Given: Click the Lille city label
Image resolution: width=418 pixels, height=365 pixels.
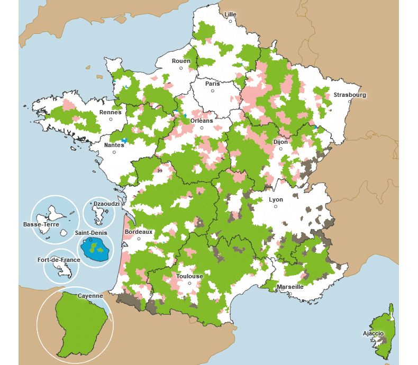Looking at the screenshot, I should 230,14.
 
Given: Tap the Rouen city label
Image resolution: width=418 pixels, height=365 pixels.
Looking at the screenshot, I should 181,61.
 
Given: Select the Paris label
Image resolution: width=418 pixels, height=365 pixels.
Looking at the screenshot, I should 212,84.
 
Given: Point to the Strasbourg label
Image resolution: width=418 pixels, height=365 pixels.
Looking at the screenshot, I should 349,95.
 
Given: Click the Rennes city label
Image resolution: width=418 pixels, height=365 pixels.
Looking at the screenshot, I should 110,112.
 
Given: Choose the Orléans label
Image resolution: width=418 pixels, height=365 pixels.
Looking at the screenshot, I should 201,121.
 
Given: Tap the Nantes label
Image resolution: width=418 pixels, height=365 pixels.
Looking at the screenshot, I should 114,144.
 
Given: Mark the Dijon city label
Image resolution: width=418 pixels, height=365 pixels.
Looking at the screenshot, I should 280,142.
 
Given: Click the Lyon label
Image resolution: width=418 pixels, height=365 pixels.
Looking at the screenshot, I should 276,199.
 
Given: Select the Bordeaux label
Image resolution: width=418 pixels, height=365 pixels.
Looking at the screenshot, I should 139,232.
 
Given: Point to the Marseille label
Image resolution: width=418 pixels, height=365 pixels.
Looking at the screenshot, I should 290,287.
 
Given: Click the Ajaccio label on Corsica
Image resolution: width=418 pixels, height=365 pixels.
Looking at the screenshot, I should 373,333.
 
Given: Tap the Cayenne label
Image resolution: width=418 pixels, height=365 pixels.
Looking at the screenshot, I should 90,296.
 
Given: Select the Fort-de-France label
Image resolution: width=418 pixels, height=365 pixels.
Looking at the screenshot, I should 59,260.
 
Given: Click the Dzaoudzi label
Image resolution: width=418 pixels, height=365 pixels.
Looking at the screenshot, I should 101,204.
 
